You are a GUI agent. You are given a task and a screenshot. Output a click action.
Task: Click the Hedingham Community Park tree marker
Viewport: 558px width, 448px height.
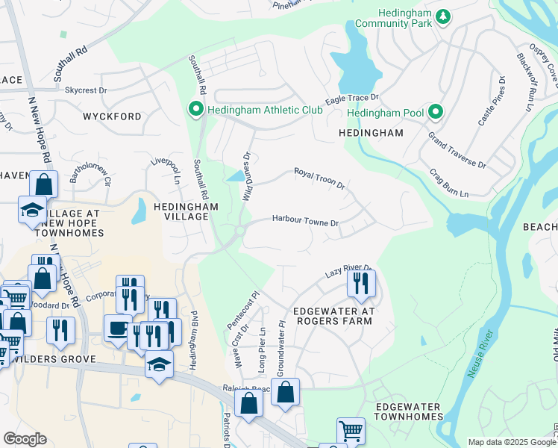[442, 16]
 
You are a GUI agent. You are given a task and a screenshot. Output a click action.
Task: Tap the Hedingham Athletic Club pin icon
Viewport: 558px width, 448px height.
[196, 111]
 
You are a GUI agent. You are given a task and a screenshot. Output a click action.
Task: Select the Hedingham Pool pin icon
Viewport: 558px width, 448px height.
[435, 113]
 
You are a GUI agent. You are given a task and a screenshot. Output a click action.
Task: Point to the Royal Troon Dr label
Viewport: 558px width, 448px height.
[319, 178]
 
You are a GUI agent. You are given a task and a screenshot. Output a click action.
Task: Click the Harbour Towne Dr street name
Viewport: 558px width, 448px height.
[305, 222]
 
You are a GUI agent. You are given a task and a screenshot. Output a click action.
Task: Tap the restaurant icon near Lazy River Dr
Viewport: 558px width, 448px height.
[361, 284]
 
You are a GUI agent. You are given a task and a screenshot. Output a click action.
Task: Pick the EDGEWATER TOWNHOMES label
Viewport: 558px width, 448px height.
[408, 411]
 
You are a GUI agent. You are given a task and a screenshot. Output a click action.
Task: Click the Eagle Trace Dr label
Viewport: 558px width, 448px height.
[352, 99]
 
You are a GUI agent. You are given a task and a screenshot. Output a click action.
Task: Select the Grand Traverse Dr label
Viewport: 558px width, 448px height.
[457, 150]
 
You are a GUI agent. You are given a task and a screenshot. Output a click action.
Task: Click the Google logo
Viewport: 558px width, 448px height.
[25, 439]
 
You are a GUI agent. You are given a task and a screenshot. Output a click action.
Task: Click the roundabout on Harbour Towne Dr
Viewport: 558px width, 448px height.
[240, 231]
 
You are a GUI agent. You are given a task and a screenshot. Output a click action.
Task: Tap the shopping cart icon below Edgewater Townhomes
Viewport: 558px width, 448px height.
[350, 431]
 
